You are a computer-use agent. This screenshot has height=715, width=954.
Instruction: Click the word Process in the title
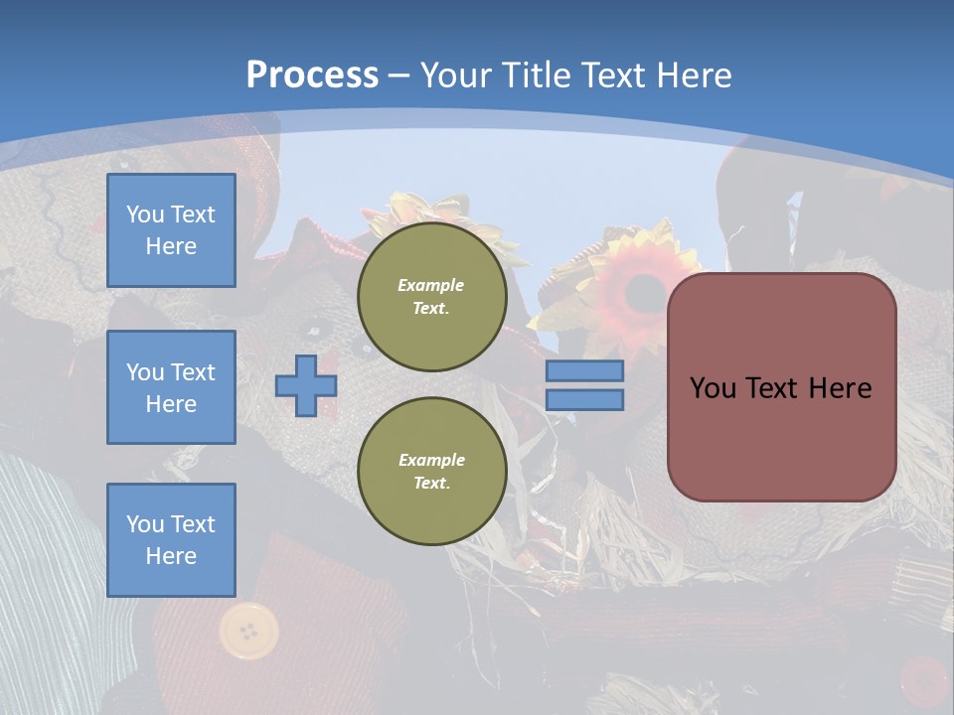312,75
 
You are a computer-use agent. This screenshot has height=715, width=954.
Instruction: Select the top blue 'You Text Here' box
171,230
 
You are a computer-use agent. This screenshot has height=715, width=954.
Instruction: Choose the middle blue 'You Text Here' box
171,387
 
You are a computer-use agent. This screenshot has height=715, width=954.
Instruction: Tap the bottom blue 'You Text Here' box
171,540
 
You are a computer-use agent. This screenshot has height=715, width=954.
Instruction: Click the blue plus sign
306,385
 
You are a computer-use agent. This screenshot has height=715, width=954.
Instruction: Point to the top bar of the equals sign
584,371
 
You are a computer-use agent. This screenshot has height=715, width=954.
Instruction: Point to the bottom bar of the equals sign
584,400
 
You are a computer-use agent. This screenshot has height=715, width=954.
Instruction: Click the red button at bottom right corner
924,680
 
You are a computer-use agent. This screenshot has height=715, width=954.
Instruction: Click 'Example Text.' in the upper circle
431,296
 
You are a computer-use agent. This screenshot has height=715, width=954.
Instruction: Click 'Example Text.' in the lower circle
431,472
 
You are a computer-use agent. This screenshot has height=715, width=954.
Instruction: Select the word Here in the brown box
840,388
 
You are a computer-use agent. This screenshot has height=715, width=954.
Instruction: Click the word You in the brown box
713,388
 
